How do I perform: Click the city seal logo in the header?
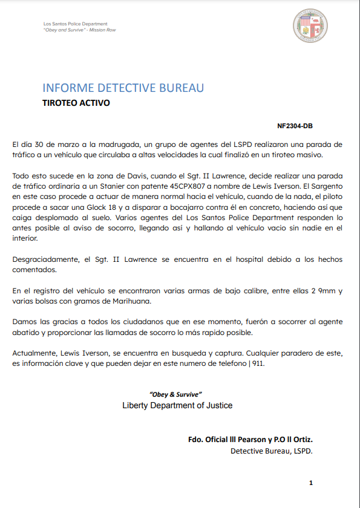[x=310, y=25]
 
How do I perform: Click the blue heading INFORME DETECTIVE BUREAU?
[x=123, y=88]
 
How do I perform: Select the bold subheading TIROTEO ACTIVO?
[x=76, y=103]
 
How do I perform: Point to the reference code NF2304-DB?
[x=295, y=126]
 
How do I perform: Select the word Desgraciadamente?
[x=46, y=259]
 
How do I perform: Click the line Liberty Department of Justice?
[x=177, y=405]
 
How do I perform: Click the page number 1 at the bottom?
[x=310, y=483]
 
